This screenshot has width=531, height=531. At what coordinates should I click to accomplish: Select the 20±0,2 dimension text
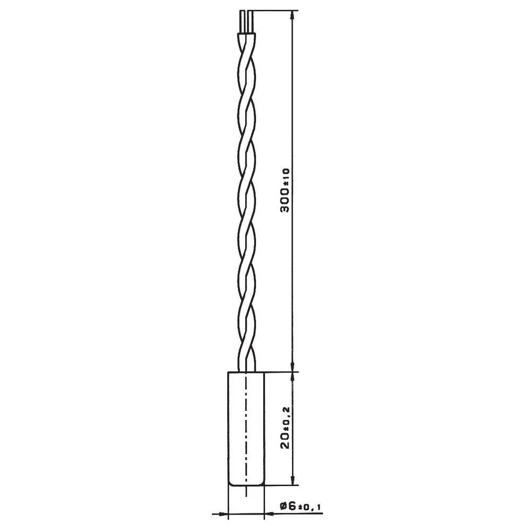(286, 428)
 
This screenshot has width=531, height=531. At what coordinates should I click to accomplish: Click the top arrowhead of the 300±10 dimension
(292, 16)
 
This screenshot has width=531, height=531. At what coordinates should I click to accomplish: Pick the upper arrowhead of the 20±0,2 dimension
(292, 376)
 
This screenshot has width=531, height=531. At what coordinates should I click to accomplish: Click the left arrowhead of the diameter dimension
(223, 513)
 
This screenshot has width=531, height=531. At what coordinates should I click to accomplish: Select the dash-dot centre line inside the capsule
(246, 425)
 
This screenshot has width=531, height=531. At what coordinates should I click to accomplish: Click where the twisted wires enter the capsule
(246, 371)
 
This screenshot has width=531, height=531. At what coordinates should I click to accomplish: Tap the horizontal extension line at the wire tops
(273, 11)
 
